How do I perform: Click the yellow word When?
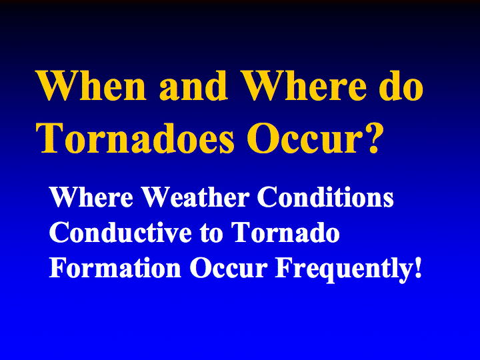click(91, 85)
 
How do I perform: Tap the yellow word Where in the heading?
click(303, 85)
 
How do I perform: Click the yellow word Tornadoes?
click(135, 138)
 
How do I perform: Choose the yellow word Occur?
click(306, 139)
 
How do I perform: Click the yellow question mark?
click(374, 138)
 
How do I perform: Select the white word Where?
click(91, 197)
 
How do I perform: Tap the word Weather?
click(196, 197)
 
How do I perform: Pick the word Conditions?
click(325, 197)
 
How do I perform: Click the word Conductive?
click(121, 233)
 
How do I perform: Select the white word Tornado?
click(285, 233)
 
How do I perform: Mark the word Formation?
click(115, 268)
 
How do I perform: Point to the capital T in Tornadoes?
click(49, 138)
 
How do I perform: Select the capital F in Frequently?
click(283, 267)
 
